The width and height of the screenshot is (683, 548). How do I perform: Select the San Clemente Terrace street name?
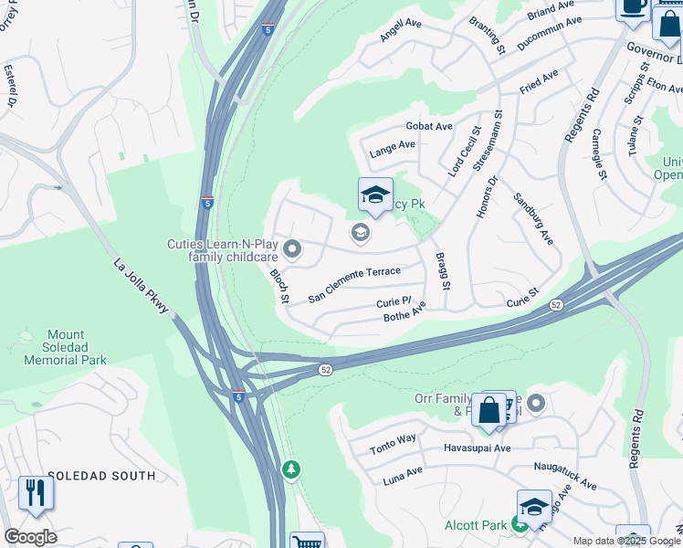click(354, 284)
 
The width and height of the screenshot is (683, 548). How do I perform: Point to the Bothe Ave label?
click(405, 314)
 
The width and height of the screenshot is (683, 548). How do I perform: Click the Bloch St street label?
click(278, 286)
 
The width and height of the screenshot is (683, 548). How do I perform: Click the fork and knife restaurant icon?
click(36, 493)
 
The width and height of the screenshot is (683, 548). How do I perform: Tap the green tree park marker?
click(291, 469)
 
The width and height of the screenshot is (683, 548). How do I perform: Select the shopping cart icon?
click(307, 541)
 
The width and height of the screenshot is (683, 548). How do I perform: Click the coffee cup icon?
click(632, 6)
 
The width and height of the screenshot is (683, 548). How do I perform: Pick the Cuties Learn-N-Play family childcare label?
click(222, 250)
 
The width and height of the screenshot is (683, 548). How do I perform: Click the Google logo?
click(30, 537)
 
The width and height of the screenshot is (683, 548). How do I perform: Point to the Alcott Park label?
click(475, 525)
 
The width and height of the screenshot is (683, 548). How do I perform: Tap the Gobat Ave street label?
click(430, 126)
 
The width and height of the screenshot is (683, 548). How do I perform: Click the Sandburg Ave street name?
click(532, 219)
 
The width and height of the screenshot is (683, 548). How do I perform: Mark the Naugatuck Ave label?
click(564, 475)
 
